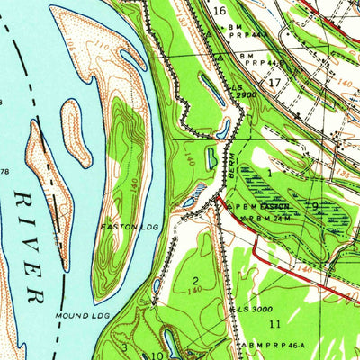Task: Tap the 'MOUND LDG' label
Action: (83, 315)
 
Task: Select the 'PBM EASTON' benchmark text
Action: (264, 206)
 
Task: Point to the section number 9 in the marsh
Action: (315, 205)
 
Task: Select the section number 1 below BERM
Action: (268, 171)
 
